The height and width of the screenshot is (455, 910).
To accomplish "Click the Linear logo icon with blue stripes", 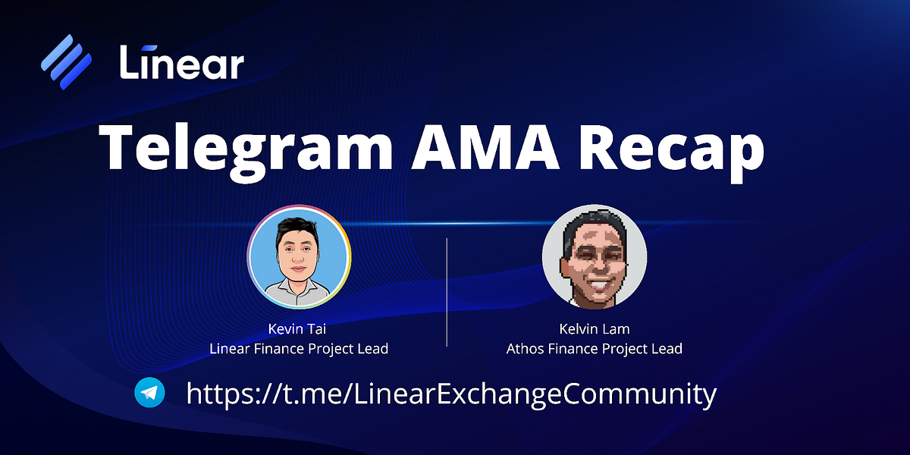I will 67,61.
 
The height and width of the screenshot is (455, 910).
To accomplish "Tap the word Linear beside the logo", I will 182,61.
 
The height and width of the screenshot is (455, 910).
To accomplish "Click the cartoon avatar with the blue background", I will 299,257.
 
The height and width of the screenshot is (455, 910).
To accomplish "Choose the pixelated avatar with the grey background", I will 595,257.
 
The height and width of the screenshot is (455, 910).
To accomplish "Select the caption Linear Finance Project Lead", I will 299,349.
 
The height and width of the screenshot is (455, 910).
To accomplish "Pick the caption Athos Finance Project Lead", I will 595,349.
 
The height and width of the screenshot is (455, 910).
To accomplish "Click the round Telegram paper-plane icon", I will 149,393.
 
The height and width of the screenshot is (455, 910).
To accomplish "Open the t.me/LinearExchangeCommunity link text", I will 451,394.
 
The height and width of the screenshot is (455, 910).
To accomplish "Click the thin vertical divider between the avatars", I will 447,292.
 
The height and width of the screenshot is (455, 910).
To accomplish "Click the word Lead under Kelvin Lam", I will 667,349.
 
